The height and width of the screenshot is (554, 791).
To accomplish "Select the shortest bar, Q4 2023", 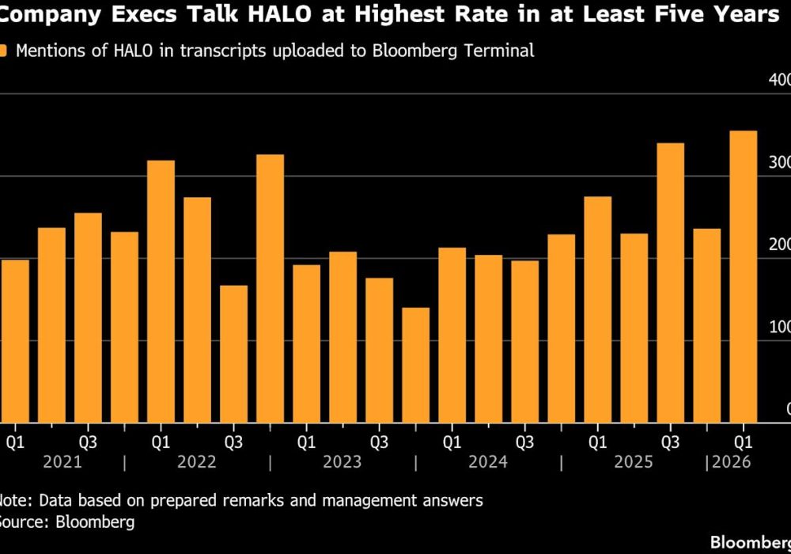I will tap(416, 364).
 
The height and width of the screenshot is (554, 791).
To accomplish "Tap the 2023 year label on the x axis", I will tap(343, 462).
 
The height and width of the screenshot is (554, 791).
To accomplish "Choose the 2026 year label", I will tap(731, 462).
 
